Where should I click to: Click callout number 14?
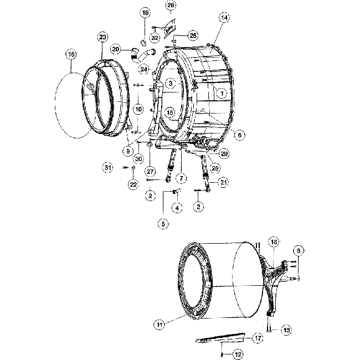pos(224,18)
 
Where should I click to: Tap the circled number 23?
pos(102,37)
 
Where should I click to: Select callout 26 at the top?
pos(171,6)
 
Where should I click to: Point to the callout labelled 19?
pos(145,12)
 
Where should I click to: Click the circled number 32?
pos(155,38)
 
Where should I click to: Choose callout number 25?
pos(192,35)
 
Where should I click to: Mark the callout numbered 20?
pos(115,49)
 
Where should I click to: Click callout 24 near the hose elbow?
pos(143,69)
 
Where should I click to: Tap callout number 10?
pos(138,109)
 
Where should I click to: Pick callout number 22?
pos(133,184)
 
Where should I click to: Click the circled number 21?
pos(224,182)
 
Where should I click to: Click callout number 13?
pos(287,330)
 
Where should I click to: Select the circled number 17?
pos(258,337)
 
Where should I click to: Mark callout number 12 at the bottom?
pos(238,353)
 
